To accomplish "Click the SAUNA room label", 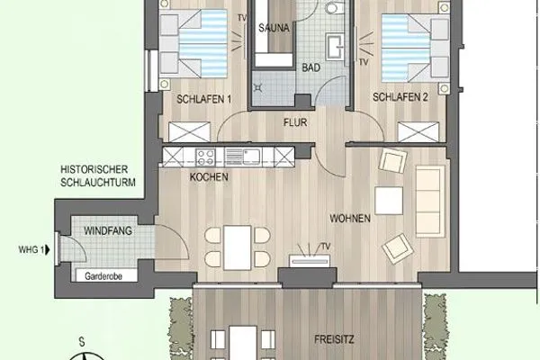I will tap(273, 28).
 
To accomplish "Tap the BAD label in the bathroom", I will tap(310, 66).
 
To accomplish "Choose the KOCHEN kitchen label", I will tap(209, 177).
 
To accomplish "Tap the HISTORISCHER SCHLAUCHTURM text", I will tap(94, 175).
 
